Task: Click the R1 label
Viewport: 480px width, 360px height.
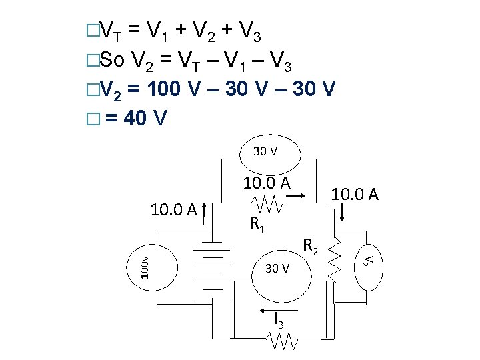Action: (257, 225)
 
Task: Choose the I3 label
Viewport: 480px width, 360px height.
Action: (281, 322)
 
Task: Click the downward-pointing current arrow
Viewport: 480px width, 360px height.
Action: (343, 213)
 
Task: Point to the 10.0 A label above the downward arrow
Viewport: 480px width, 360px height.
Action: (355, 194)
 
